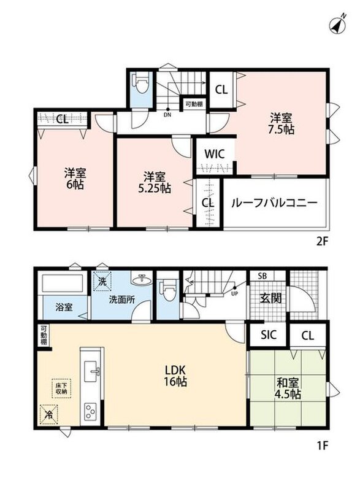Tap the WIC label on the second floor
pos(214,154)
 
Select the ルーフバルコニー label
pos(274,203)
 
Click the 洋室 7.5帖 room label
pos(281,124)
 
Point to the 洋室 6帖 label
pos(75,179)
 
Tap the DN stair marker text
pos(167,115)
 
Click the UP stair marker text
pos(234,294)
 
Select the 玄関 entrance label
pos(270,298)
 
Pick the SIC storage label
pos(269,334)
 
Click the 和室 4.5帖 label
pos(288,388)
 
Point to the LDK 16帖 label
pos(176,376)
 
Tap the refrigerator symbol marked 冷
pos(49,415)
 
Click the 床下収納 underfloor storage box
pos(61,389)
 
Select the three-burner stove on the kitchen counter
pos(90,411)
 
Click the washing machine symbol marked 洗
pos(102,281)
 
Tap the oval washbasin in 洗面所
pos(142,280)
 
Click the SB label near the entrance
pos(262,276)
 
